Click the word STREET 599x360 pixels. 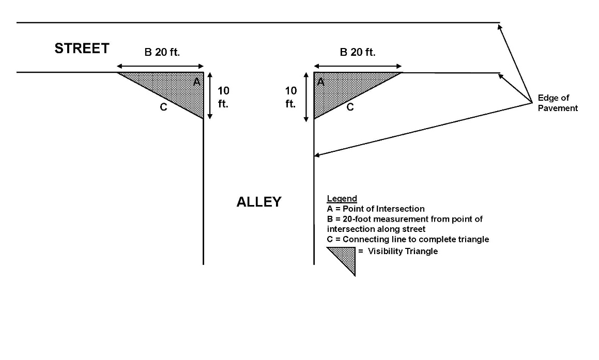point(82,49)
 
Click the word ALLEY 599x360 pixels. point(258,202)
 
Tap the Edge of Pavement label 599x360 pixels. point(558,103)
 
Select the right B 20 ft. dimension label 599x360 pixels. point(357,52)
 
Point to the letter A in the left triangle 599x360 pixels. point(196,82)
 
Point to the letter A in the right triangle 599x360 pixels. point(320,82)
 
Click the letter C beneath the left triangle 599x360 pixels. point(163,107)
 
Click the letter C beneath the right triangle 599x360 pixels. point(350,107)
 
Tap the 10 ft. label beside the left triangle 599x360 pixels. point(223,97)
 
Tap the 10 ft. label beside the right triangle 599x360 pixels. point(291,97)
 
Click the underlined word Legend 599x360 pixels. point(342,199)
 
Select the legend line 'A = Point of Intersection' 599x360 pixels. point(376,209)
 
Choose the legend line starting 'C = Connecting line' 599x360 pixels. point(408,239)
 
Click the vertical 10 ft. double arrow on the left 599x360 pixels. point(209,96)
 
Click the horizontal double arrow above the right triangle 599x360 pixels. point(357,66)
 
